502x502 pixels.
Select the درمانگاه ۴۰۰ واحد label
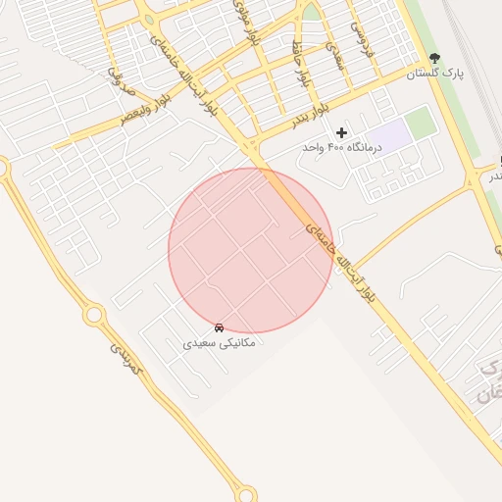[x=340, y=146]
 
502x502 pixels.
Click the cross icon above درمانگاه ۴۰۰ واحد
[x=341, y=131]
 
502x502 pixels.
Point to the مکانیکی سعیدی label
[x=219, y=343]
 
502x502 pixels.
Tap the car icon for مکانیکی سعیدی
[x=219, y=327]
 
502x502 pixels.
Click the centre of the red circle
[x=251, y=251]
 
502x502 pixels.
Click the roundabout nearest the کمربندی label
[x=94, y=315]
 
